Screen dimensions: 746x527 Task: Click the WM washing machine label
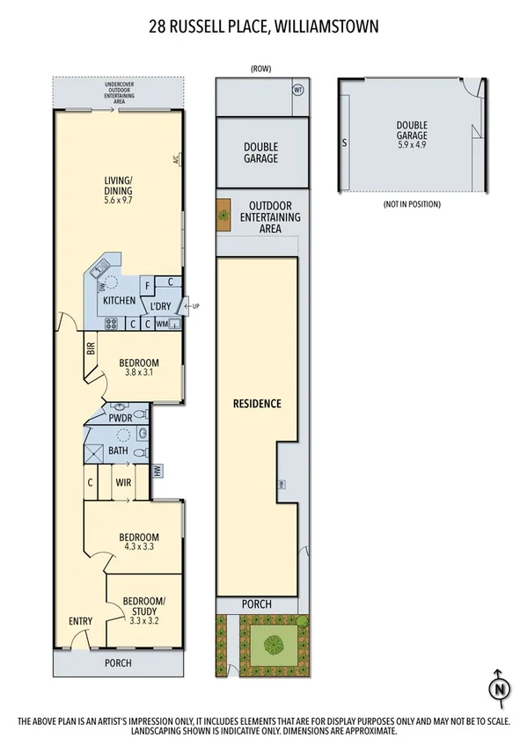point(162,324)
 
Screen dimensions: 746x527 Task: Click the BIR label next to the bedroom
point(90,348)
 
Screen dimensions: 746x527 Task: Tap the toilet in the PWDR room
point(117,406)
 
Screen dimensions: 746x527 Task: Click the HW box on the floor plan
point(157,471)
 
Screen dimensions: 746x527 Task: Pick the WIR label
point(123,482)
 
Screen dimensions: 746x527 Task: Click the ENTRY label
point(80,622)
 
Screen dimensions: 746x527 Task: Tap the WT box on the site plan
point(298,88)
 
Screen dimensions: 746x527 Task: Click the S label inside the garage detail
point(344,141)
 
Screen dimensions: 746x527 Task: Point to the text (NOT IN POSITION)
point(411,204)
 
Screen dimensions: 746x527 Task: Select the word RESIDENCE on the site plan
point(257,404)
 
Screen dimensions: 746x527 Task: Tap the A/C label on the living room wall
point(176,161)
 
